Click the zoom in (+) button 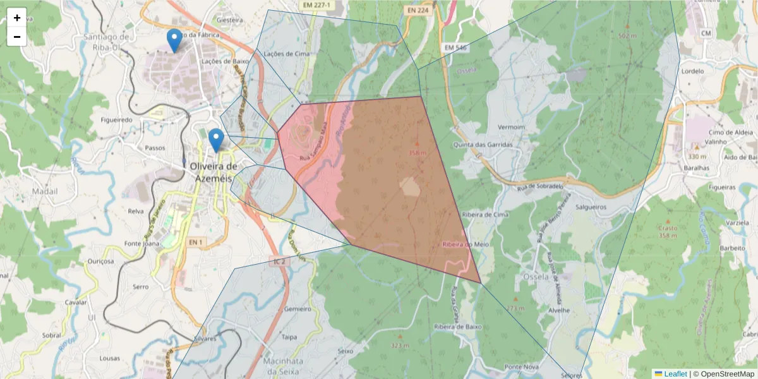pyautogui.click(x=17, y=18)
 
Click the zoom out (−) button pyautogui.click(x=17, y=37)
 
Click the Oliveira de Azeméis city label pyautogui.click(x=214, y=171)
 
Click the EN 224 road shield pyautogui.click(x=418, y=10)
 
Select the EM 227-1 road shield pyautogui.click(x=316, y=5)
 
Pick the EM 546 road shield pyautogui.click(x=455, y=47)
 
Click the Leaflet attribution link pyautogui.click(x=675, y=374)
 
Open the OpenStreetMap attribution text pyautogui.click(x=723, y=374)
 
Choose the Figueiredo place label pyautogui.click(x=116, y=119)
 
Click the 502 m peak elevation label pyautogui.click(x=627, y=36)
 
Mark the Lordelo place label pyautogui.click(x=693, y=71)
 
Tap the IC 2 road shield pyautogui.click(x=280, y=260)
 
